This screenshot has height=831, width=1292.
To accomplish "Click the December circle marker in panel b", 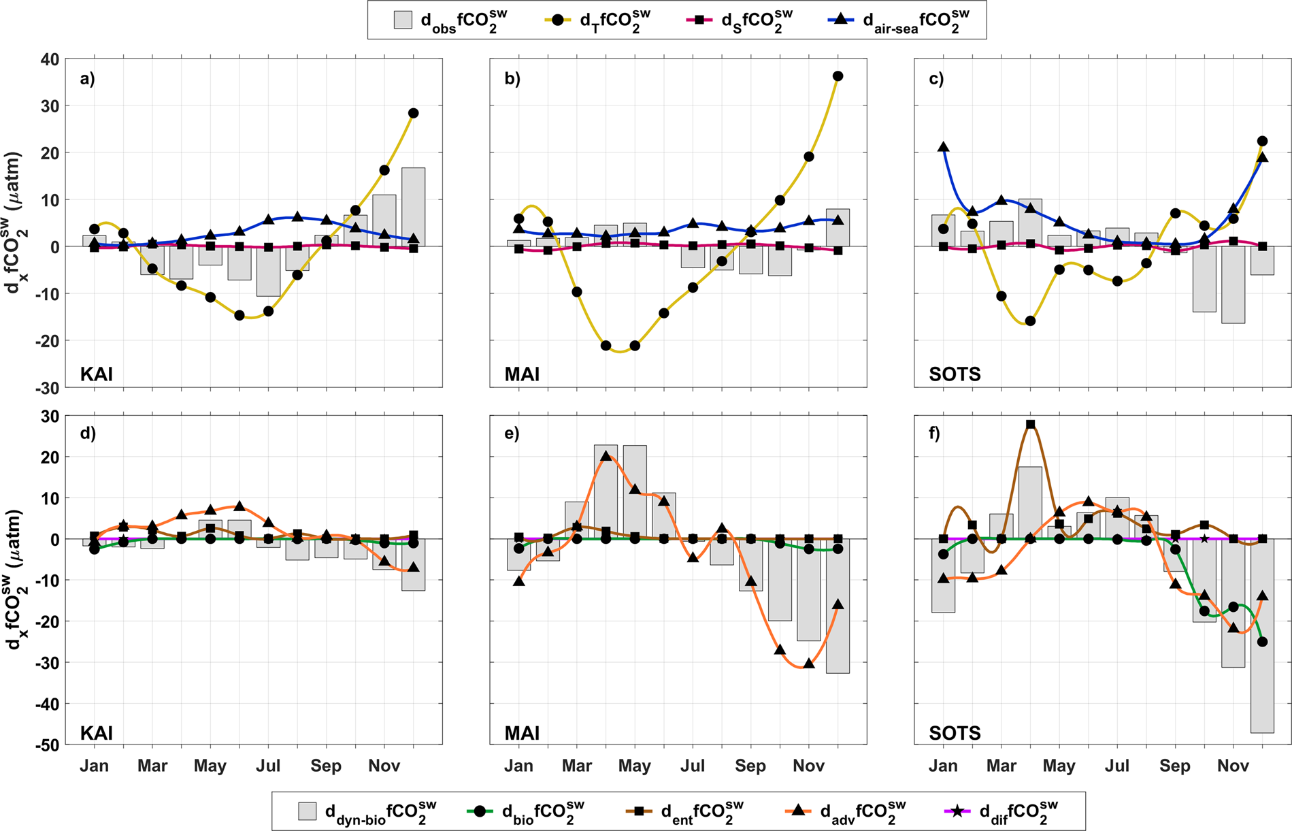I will [x=838, y=76].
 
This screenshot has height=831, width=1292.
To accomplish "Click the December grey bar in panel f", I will [x=1262, y=636].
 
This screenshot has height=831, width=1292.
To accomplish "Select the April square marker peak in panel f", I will [x=1030, y=425].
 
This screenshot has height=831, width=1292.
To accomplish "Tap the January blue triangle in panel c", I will [x=943, y=147].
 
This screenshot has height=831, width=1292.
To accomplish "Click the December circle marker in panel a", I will [x=413, y=113].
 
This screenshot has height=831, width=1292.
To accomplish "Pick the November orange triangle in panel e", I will [x=808, y=663].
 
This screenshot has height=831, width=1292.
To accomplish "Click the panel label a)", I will [x=87, y=78].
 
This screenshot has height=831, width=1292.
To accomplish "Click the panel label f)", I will [x=936, y=434].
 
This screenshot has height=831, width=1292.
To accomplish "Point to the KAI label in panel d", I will [x=97, y=733].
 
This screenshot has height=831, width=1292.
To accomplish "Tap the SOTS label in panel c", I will [x=955, y=374].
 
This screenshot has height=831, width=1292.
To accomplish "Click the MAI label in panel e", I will [x=522, y=733].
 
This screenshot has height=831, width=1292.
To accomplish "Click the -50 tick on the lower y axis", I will [x=47, y=745].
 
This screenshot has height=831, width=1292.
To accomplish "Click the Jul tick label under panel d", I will [x=268, y=766].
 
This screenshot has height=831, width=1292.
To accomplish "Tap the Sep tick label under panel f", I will [x=1175, y=766].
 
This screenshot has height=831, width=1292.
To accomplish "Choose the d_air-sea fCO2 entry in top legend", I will [x=898, y=20].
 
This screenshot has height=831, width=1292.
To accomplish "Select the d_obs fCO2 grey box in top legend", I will [x=403, y=20].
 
